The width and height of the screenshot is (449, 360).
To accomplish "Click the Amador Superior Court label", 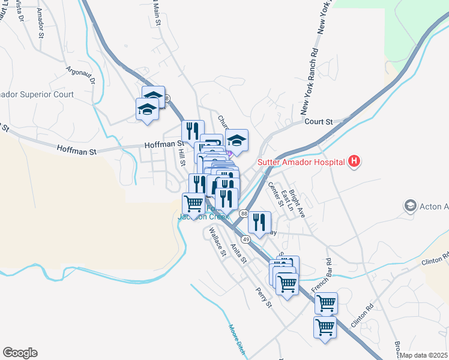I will tap(36, 94).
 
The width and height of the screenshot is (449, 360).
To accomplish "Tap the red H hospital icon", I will tap(354, 161).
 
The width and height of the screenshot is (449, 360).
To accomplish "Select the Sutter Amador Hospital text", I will tap(301, 162).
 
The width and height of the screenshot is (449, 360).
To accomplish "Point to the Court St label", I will tap(318, 121).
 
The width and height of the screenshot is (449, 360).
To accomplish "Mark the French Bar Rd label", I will tap(321, 275).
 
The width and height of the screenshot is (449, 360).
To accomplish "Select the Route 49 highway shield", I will tap(247, 238).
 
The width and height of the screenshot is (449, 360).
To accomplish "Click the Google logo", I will tap(20, 353).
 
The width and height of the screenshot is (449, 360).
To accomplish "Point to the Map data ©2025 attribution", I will tap(424, 355).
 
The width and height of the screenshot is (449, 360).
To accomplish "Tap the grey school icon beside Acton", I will tap(411, 206).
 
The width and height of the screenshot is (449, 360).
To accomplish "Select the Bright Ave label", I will tap(297, 203).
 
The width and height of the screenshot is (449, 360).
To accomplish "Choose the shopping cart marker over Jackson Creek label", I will tap(193, 203).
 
